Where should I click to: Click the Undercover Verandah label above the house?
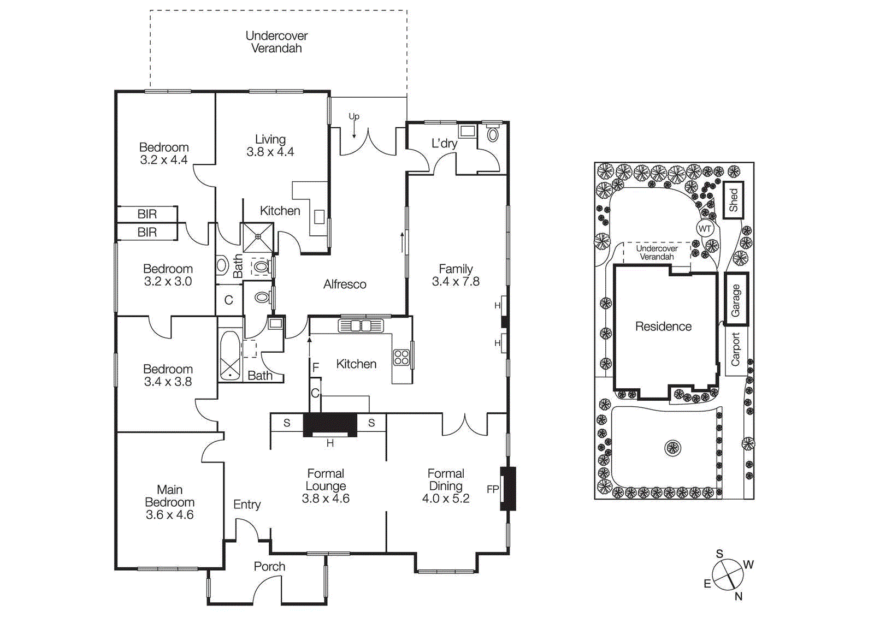pyautogui.click(x=276, y=42)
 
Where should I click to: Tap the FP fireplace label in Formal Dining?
pyautogui.click(x=492, y=489)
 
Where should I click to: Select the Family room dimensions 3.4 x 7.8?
pyautogui.click(x=456, y=282)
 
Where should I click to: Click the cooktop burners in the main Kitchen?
pyautogui.click(x=401, y=358)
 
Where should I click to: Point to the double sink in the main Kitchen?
pyautogui.click(x=361, y=326)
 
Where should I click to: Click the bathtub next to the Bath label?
pyautogui.click(x=230, y=355)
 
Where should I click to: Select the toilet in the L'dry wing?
pyautogui.click(x=493, y=134)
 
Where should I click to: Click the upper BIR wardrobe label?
pyautogui.click(x=147, y=214)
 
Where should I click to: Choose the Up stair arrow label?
pyautogui.click(x=354, y=116)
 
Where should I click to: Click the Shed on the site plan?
pyautogui.click(x=733, y=200)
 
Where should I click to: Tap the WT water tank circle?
pyautogui.click(x=705, y=229)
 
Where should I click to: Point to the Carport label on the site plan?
pyautogui.click(x=735, y=349)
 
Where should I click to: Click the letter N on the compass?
pyautogui.click(x=738, y=597)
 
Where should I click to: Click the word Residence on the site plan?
pyautogui.click(x=663, y=327)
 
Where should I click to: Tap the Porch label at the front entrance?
pyautogui.click(x=269, y=567)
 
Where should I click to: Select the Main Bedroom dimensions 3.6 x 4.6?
pyautogui.click(x=169, y=515)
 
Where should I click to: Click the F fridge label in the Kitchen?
pyautogui.click(x=316, y=367)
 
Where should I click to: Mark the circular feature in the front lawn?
pyautogui.click(x=672, y=448)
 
